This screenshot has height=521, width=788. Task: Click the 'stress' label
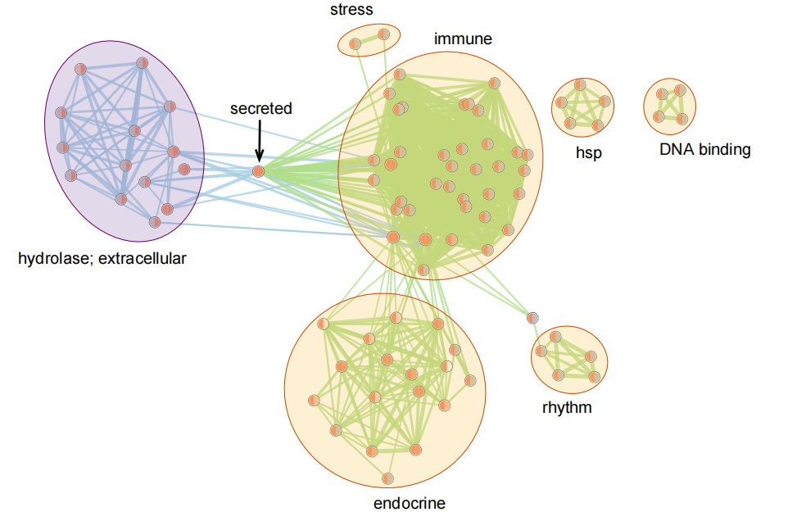tap(351, 10)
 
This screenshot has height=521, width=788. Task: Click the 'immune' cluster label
tap(463, 39)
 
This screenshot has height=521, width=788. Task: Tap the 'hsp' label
tap(588, 152)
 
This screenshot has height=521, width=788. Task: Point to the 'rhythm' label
tap(567, 407)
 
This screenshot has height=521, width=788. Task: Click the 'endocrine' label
tap(410, 503)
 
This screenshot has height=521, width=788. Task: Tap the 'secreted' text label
tap(260, 108)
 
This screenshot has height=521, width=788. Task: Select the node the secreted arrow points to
tap(259, 171)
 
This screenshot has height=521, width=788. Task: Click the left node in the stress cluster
tap(356, 44)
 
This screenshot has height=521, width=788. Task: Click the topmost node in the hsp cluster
tap(580, 84)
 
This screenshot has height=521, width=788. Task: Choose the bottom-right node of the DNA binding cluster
tap(682, 119)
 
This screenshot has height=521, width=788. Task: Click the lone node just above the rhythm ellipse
tap(532, 318)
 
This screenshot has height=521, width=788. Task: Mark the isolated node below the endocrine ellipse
tap(387, 478)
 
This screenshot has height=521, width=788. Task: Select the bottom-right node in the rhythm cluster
tap(595, 377)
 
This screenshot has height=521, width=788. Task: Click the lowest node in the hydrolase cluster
tap(154, 221)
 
